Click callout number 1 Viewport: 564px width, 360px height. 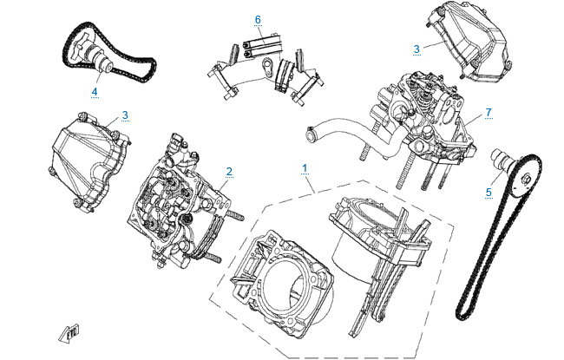click(x=305, y=165)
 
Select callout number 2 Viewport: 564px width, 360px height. click(x=229, y=171)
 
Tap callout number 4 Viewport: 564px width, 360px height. click(x=95, y=89)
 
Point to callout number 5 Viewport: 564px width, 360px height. click(x=489, y=192)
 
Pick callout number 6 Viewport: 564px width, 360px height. click(x=258, y=19)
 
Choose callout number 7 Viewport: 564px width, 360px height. click(x=489, y=112)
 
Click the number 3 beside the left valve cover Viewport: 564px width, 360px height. click(x=125, y=115)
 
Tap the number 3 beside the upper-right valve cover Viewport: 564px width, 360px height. click(x=416, y=49)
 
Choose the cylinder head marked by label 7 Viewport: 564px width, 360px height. click(x=425, y=126)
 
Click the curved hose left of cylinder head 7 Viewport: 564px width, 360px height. click(x=343, y=130)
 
